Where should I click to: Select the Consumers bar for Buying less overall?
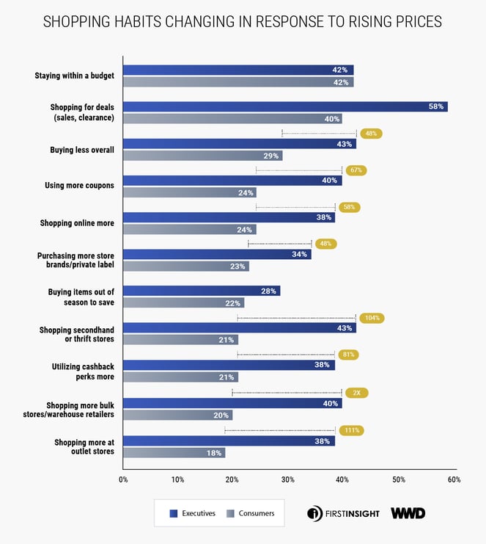pos(202,156)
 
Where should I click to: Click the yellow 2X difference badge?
pos(356,393)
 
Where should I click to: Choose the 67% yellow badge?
pos(357,170)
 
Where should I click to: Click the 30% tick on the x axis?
pos(288,479)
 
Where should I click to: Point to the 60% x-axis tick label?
pos(454,479)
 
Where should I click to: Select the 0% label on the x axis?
pos(123,479)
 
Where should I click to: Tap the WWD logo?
pos(408,513)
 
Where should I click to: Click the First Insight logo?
pos(343,513)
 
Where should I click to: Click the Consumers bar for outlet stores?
pos(174,453)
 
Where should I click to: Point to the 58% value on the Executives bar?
pos(436,106)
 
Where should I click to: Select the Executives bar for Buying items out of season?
pos(202,291)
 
